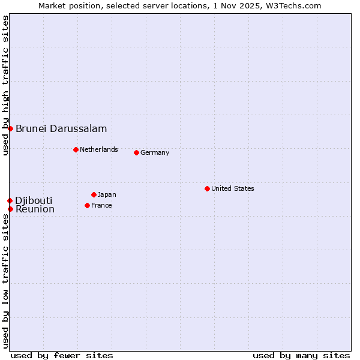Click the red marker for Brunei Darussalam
click(10, 128)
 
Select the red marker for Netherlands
click(76, 149)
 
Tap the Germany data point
click(136, 152)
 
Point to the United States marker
click(207, 188)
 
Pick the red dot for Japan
click(94, 194)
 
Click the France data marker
click(87, 205)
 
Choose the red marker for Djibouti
click(10, 200)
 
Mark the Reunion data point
click(10, 209)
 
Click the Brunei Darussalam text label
click(61, 128)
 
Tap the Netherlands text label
click(99, 149)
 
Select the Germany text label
click(155, 152)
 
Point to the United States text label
click(233, 188)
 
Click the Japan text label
click(107, 194)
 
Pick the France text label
click(101, 205)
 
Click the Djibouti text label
click(34, 200)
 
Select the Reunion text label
click(35, 209)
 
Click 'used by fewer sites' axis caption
click(62, 355)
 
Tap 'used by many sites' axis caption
click(301, 355)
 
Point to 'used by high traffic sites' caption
click(5, 85)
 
